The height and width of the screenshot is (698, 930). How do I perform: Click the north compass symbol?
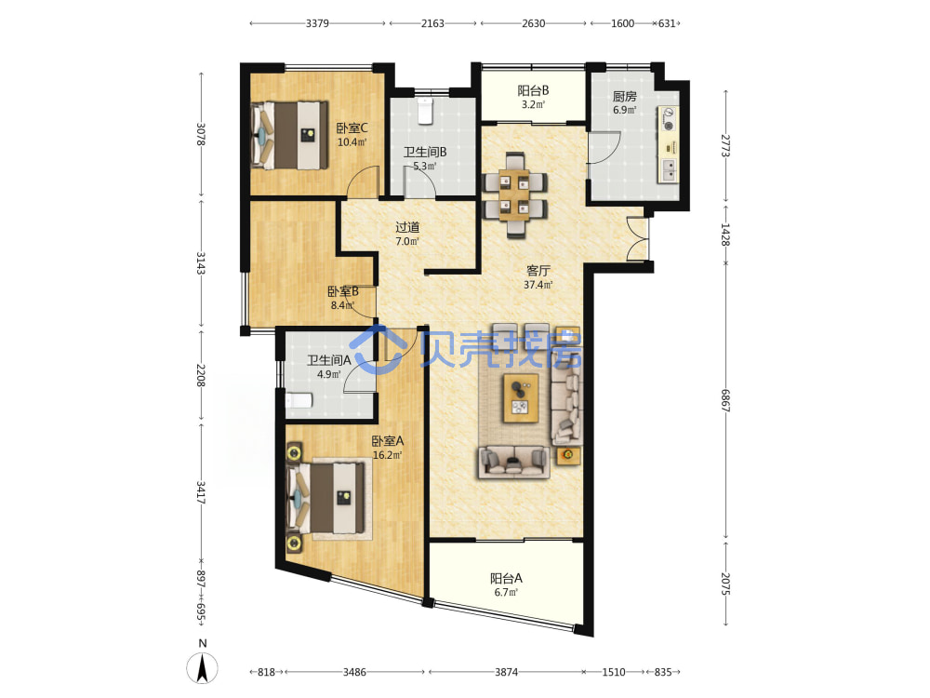click(x=202, y=667)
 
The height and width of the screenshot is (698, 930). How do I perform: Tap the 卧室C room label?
click(x=352, y=128)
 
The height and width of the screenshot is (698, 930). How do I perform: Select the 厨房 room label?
click(x=625, y=96)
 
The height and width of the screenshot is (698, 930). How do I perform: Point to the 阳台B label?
click(x=533, y=90)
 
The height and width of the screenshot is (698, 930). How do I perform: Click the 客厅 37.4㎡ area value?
click(x=538, y=285)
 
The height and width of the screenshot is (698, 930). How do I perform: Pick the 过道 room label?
click(x=407, y=227)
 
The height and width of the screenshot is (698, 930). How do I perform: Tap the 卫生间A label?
click(x=329, y=360)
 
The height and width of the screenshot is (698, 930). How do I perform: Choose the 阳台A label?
click(x=506, y=578)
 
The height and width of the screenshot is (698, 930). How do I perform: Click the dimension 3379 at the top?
click(x=317, y=23)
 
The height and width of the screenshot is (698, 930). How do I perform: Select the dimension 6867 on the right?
click(x=725, y=400)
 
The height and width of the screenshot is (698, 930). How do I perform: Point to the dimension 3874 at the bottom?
click(x=507, y=672)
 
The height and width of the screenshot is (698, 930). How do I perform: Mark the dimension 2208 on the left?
click(x=201, y=375)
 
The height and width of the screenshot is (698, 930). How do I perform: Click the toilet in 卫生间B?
click(x=425, y=111)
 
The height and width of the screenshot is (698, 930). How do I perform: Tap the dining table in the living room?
click(x=514, y=195)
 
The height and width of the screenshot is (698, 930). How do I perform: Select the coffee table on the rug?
click(x=521, y=397)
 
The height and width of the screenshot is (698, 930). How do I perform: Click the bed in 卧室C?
click(x=289, y=135)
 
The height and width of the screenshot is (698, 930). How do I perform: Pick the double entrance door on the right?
click(x=638, y=238)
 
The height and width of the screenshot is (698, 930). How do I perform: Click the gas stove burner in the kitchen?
click(x=669, y=126)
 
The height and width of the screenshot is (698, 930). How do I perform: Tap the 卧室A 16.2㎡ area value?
click(x=387, y=456)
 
